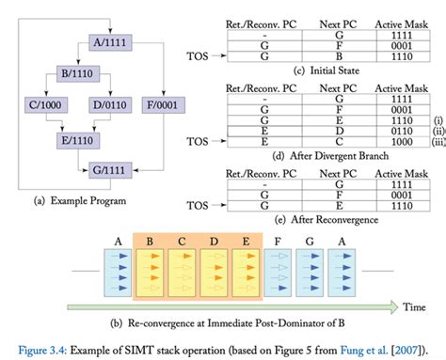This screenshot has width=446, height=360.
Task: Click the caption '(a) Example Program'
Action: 90,199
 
